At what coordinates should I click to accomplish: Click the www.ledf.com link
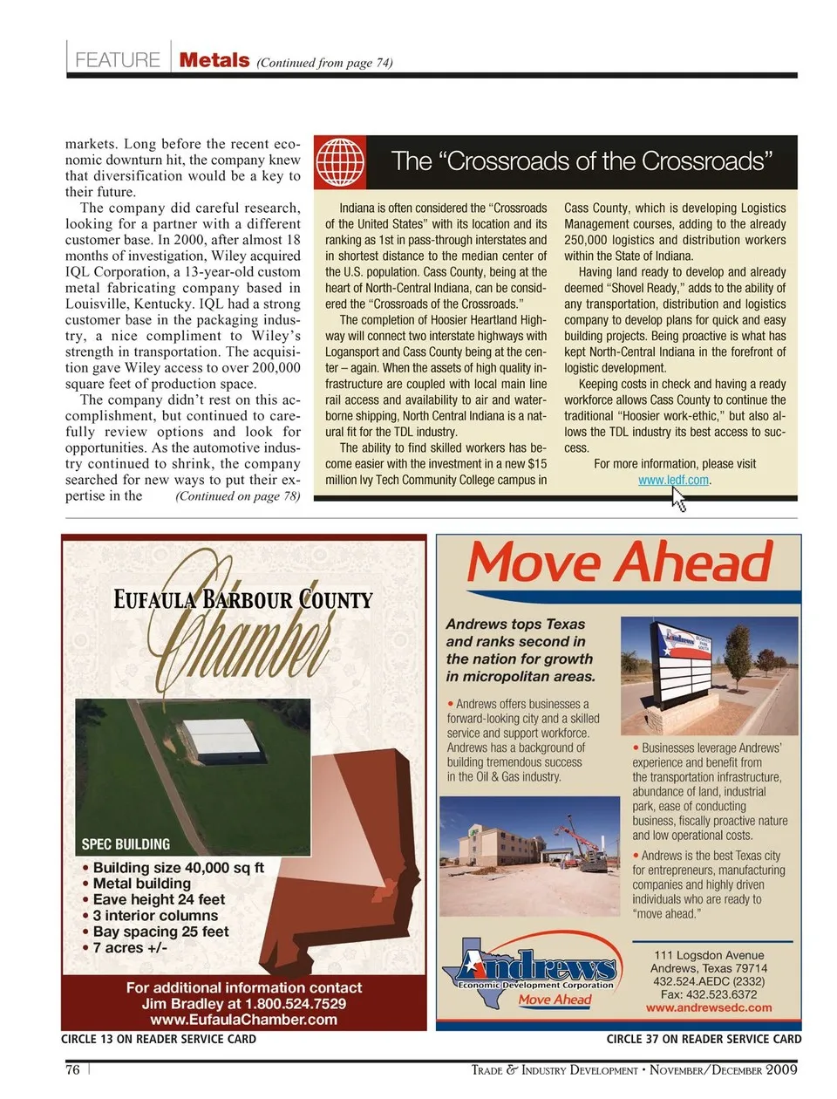(673, 481)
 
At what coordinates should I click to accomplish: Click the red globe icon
(339, 162)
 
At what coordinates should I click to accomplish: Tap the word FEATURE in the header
(118, 60)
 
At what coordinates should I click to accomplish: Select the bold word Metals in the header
(214, 60)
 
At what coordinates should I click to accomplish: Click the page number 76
(72, 1069)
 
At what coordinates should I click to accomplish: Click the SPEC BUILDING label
(126, 844)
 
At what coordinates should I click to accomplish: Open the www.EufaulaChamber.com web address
(243, 1020)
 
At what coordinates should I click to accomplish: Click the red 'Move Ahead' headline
(620, 563)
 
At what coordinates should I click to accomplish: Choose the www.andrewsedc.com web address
(708, 1007)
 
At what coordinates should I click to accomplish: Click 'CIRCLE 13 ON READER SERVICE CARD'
(159, 1039)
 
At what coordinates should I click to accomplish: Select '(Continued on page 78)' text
(237, 496)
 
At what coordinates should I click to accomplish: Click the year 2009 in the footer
(781, 1069)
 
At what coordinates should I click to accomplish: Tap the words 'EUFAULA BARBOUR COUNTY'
(243, 600)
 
